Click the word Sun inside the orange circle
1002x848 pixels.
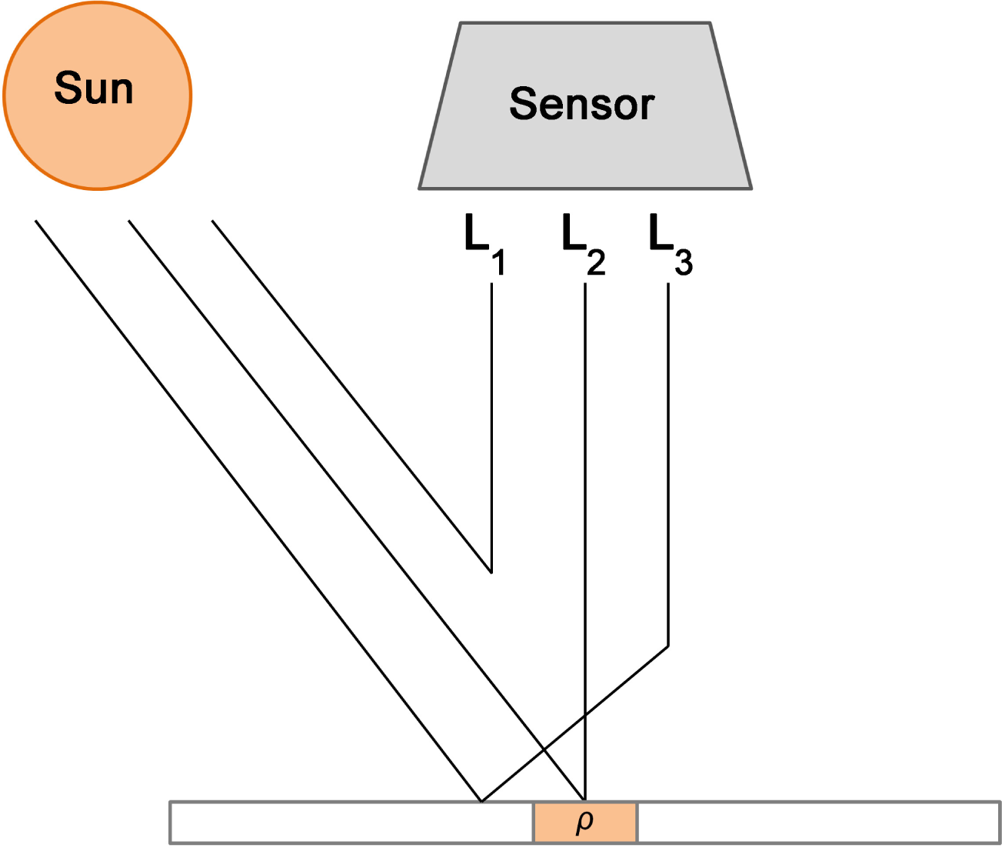point(94,88)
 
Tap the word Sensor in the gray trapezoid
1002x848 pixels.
point(581,104)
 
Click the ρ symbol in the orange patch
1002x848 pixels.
point(584,821)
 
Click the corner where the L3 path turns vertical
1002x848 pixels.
point(667,646)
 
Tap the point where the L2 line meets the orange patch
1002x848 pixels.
point(585,801)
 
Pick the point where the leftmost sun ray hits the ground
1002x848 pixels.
point(481,801)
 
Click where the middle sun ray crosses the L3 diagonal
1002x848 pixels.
point(544,749)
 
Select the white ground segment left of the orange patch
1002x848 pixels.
point(351,822)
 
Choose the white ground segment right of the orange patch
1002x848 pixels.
point(818,822)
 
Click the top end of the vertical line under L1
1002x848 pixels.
point(491,284)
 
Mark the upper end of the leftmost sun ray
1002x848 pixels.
point(35,221)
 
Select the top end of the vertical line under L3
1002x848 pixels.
point(667,284)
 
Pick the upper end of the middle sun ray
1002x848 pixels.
point(128,221)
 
